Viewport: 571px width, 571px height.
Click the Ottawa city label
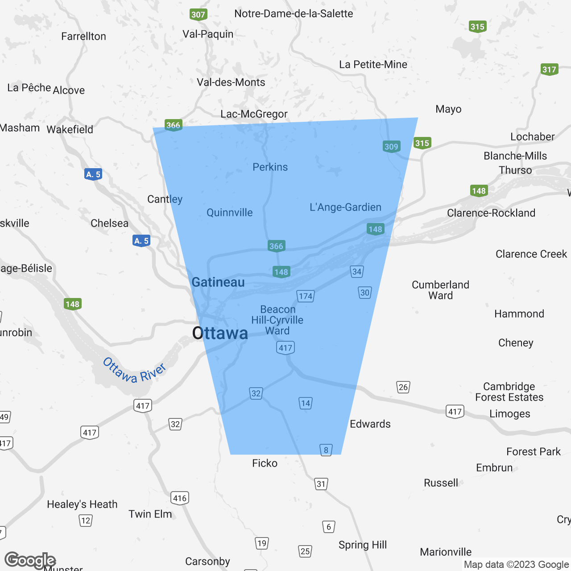[220, 333]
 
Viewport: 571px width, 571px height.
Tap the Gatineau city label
[218, 282]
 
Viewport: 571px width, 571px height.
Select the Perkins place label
[270, 167]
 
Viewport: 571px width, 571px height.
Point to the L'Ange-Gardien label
[346, 207]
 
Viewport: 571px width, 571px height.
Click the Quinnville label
[230, 212]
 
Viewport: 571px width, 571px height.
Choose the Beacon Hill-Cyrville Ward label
[277, 320]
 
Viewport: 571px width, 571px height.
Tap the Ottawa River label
[134, 370]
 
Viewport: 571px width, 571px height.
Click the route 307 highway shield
[198, 14]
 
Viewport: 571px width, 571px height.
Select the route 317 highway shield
[549, 69]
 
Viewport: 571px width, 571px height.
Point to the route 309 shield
[391, 146]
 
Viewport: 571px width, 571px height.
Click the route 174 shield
[306, 296]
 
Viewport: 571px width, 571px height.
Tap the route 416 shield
[180, 498]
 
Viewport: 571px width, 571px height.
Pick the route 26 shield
[403, 387]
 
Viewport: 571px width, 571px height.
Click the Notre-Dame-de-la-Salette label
[294, 13]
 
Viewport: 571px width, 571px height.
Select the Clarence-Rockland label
[491, 213]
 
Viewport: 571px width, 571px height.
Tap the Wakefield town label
[70, 129]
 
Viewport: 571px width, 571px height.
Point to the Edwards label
[370, 424]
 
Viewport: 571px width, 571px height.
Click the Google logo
[30, 560]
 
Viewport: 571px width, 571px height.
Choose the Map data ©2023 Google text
[516, 564]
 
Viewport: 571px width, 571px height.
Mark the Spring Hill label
[363, 545]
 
